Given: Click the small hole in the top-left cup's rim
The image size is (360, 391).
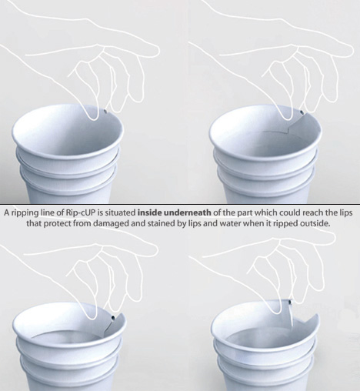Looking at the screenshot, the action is click(x=105, y=112).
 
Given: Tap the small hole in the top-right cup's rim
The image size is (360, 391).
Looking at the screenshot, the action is click(x=302, y=112).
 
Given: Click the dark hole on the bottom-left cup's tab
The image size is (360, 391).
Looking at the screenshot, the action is click(x=113, y=319).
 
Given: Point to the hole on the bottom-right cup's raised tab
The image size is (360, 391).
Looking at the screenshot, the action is click(x=290, y=302).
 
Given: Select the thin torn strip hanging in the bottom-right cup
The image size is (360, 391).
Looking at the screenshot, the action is click(x=291, y=316).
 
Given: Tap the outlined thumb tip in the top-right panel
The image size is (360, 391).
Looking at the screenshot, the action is click(x=288, y=117).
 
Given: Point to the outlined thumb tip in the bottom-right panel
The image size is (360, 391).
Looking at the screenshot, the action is click(x=277, y=311).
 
